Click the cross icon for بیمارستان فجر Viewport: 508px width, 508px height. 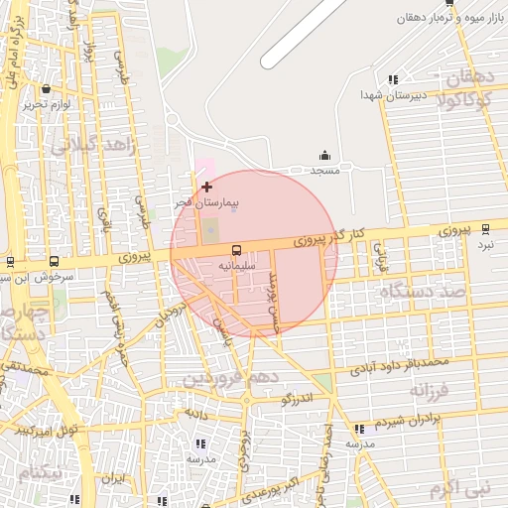[x=206, y=187]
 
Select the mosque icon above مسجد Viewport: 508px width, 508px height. [x=324, y=155]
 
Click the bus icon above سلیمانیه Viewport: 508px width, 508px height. [x=236, y=251]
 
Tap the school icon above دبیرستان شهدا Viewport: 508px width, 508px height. [x=394, y=79]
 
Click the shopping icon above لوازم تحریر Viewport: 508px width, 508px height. [x=46, y=90]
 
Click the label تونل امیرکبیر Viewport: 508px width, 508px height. [x=46, y=430]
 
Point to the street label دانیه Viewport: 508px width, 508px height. [x=194, y=409]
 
